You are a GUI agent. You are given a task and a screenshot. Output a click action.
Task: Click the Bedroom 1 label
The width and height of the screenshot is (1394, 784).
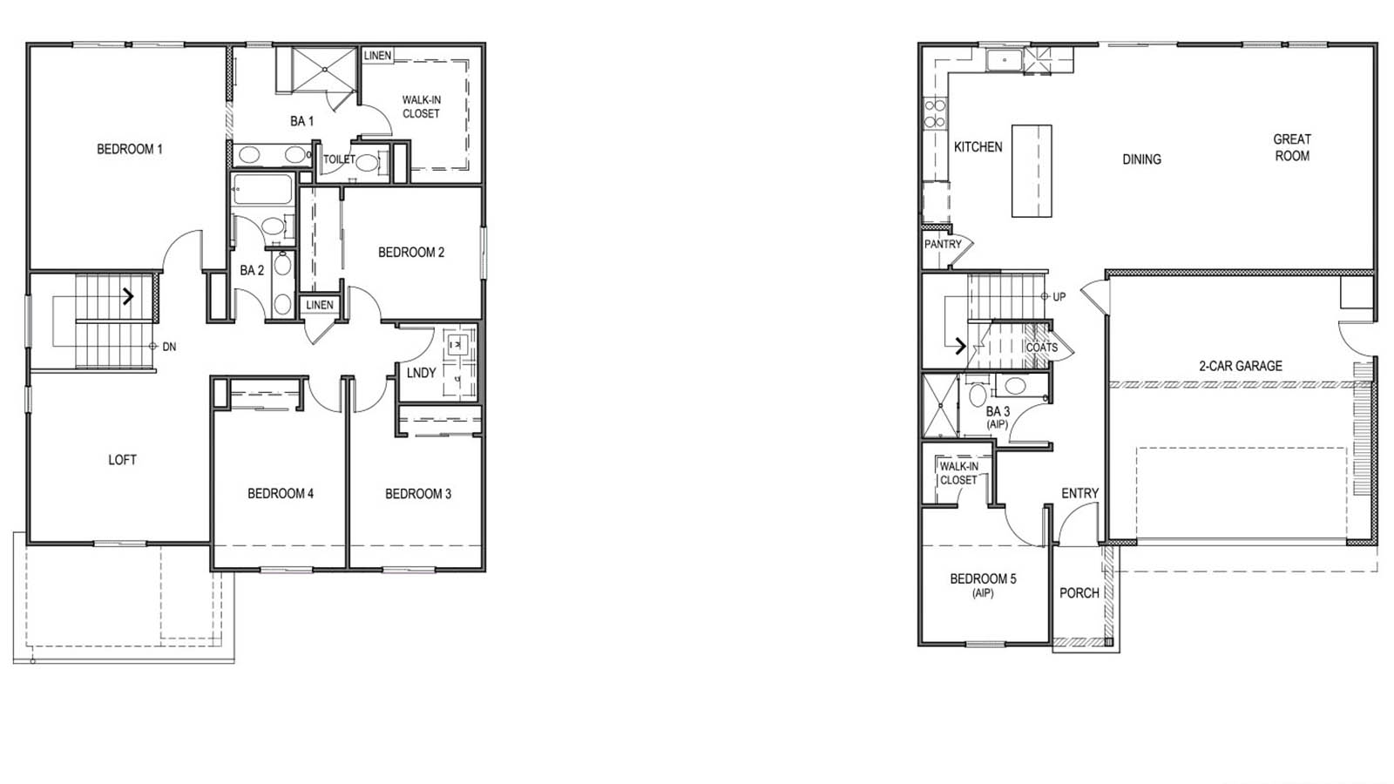coord(129,149)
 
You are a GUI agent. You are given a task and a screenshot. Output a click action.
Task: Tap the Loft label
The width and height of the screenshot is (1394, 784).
coord(122,460)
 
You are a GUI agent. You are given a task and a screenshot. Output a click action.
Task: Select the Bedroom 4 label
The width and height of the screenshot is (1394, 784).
coord(280,494)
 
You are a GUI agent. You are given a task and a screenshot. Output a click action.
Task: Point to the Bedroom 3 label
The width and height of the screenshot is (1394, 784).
coord(418,494)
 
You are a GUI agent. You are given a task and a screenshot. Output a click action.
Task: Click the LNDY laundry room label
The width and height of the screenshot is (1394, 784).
coord(421,373)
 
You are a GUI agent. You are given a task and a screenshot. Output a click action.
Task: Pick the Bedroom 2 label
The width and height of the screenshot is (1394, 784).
coord(410,253)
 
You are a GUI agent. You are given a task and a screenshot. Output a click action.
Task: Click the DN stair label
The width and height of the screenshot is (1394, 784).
coord(169,347)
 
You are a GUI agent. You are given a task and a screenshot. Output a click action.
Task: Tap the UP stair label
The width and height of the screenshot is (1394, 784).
coord(1059,297)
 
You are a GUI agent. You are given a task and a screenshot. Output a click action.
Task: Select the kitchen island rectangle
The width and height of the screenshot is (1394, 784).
coord(1032,171)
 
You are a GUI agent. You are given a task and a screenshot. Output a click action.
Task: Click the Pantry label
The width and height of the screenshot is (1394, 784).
coord(943,245)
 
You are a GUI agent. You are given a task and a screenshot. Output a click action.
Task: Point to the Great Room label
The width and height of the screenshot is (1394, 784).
coord(1291,147)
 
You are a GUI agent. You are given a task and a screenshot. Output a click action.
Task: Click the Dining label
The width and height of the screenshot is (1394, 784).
coord(1141,159)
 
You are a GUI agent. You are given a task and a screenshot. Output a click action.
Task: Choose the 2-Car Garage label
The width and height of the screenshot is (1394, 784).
coord(1240,366)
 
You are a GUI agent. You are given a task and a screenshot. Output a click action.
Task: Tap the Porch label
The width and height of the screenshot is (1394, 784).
coord(1079,593)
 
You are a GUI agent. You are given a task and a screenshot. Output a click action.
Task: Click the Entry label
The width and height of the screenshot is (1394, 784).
coord(1079,494)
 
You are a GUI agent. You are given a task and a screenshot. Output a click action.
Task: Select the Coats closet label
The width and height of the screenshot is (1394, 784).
coord(1041,348)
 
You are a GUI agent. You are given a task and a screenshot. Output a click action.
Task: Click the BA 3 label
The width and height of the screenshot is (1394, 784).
coord(998,412)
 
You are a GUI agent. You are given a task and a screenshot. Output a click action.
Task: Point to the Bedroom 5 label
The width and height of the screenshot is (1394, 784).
coord(983,579)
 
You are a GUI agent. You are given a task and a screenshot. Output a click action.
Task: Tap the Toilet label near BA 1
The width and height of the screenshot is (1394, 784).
coord(339,159)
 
